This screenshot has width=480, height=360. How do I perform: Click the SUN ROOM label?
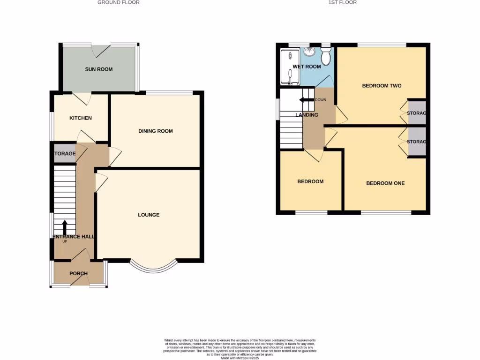pyautogui.click(x=98, y=69)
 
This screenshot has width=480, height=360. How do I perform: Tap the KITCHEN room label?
pyautogui.click(x=81, y=118)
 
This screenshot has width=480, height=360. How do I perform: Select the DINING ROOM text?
pyautogui.click(x=156, y=131)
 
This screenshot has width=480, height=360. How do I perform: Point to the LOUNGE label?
pyautogui.click(x=149, y=215)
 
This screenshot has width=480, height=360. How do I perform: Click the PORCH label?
pyautogui.click(x=78, y=274)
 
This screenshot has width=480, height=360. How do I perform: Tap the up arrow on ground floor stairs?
pyautogui.click(x=64, y=227)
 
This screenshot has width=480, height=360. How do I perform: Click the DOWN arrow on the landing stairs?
pyautogui.click(x=305, y=99)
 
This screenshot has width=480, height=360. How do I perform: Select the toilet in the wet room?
pyautogui.click(x=326, y=57)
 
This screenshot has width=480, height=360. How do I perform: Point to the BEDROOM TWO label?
pyautogui.click(x=382, y=86)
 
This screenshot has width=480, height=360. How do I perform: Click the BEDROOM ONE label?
pyautogui.click(x=385, y=183)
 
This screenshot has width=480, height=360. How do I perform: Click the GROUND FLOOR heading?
pyautogui.click(x=119, y=2)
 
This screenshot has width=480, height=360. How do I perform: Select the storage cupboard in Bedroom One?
pyautogui.click(x=417, y=142)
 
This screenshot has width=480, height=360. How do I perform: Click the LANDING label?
pyautogui.click(x=307, y=115)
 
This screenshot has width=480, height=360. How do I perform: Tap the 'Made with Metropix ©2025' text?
pyautogui.click(x=240, y=358)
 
